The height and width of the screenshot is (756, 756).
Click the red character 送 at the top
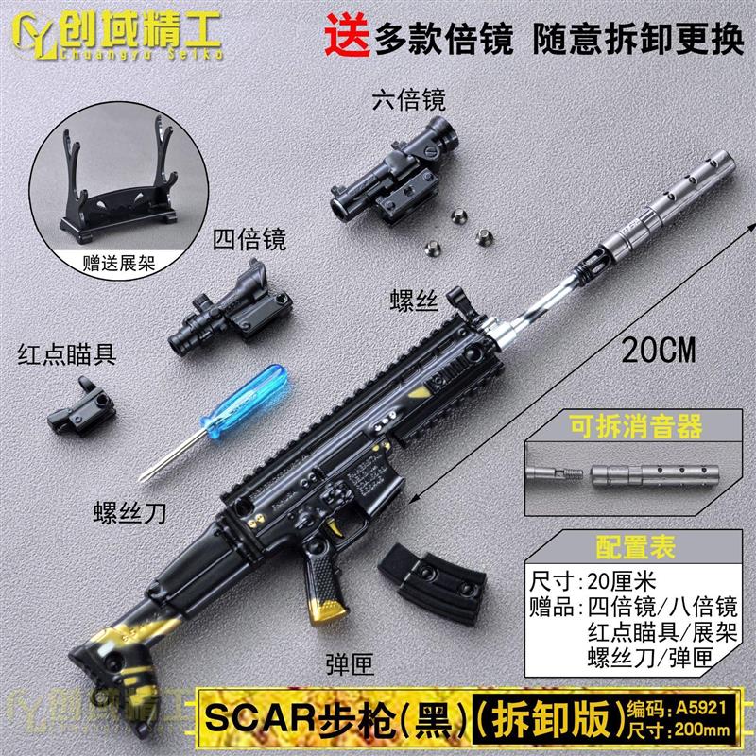pyautogui.click(x=347, y=39)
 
